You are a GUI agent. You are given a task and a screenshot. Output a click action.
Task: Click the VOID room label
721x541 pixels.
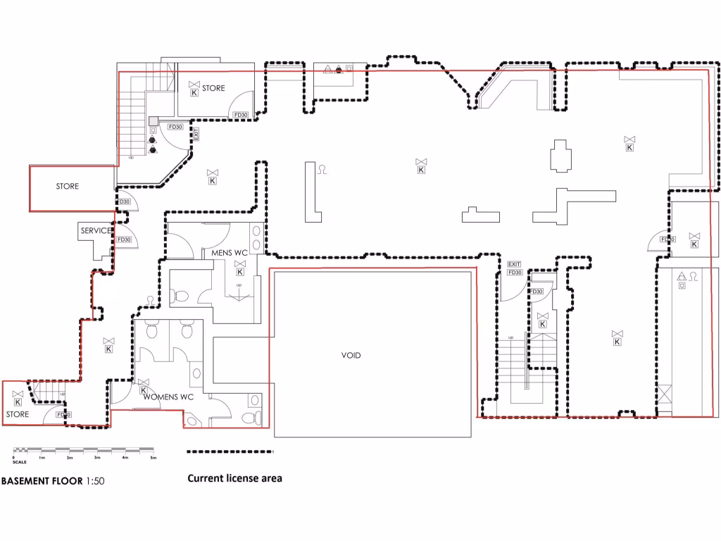[x=351, y=356]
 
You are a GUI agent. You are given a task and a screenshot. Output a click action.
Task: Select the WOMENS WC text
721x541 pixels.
[x=168, y=397]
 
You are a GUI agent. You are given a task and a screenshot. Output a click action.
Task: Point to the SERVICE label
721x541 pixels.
[x=96, y=231]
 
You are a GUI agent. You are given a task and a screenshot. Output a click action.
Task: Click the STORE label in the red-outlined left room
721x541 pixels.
[x=68, y=187]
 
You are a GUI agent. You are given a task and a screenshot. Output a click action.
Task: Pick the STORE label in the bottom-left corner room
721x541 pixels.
[x=18, y=414]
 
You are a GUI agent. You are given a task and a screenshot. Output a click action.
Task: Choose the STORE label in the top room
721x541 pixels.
[x=213, y=89]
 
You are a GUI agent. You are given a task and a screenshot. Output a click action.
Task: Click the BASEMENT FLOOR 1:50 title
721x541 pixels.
[x=53, y=482]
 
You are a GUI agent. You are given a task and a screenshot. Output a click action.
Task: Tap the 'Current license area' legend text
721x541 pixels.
[x=234, y=478]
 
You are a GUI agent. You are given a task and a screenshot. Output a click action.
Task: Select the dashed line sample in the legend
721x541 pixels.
[x=230, y=452]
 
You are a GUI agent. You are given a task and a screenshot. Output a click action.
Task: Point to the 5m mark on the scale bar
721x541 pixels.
[x=153, y=458]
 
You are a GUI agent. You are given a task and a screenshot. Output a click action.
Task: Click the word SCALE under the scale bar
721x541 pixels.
[x=20, y=463]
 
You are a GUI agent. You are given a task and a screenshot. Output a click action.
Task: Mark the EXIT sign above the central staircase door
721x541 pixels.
[x=514, y=264]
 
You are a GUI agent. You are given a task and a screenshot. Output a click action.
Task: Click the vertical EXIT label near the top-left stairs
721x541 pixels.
[x=196, y=134]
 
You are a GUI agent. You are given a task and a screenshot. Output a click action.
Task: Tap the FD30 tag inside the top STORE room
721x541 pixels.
[x=240, y=116]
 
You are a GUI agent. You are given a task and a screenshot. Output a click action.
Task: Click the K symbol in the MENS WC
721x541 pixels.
[x=239, y=271]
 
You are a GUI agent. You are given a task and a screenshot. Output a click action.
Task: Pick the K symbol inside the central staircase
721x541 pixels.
[x=542, y=324]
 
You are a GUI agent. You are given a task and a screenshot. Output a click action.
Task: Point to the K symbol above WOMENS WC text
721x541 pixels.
[x=144, y=390]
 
